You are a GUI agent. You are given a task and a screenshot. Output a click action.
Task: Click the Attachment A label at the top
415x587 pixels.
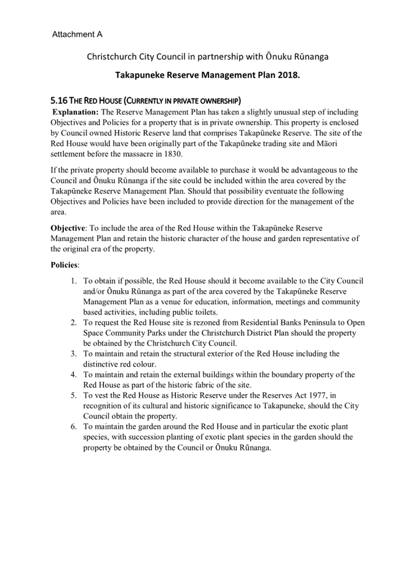coord(77,35)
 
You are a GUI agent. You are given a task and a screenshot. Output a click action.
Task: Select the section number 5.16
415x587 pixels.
coord(60,100)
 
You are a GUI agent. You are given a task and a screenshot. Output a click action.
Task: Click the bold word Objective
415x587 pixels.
coord(69,228)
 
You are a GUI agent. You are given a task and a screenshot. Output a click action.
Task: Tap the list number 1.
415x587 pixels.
coord(72,281)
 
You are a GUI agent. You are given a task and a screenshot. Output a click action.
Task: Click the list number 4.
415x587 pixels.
coord(72,374)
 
